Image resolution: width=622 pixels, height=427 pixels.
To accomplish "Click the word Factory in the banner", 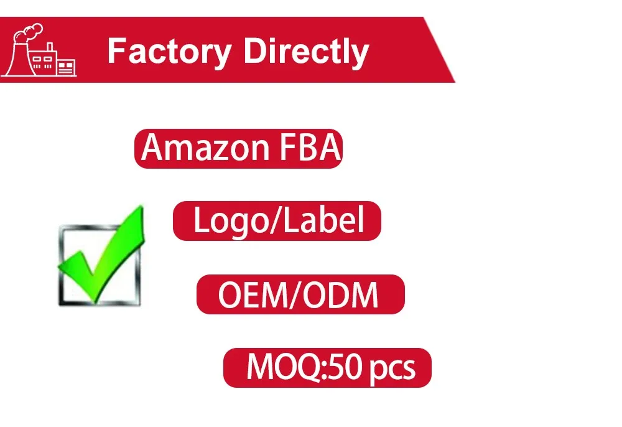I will point(168,51).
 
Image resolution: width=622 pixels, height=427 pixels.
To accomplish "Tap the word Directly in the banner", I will point(305,51).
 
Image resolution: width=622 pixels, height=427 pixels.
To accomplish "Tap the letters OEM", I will point(249,295).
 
